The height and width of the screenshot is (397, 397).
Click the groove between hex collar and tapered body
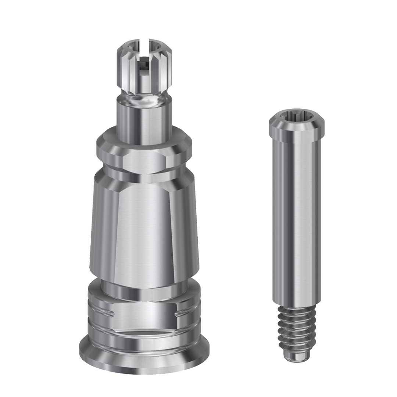coord(143,171)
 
